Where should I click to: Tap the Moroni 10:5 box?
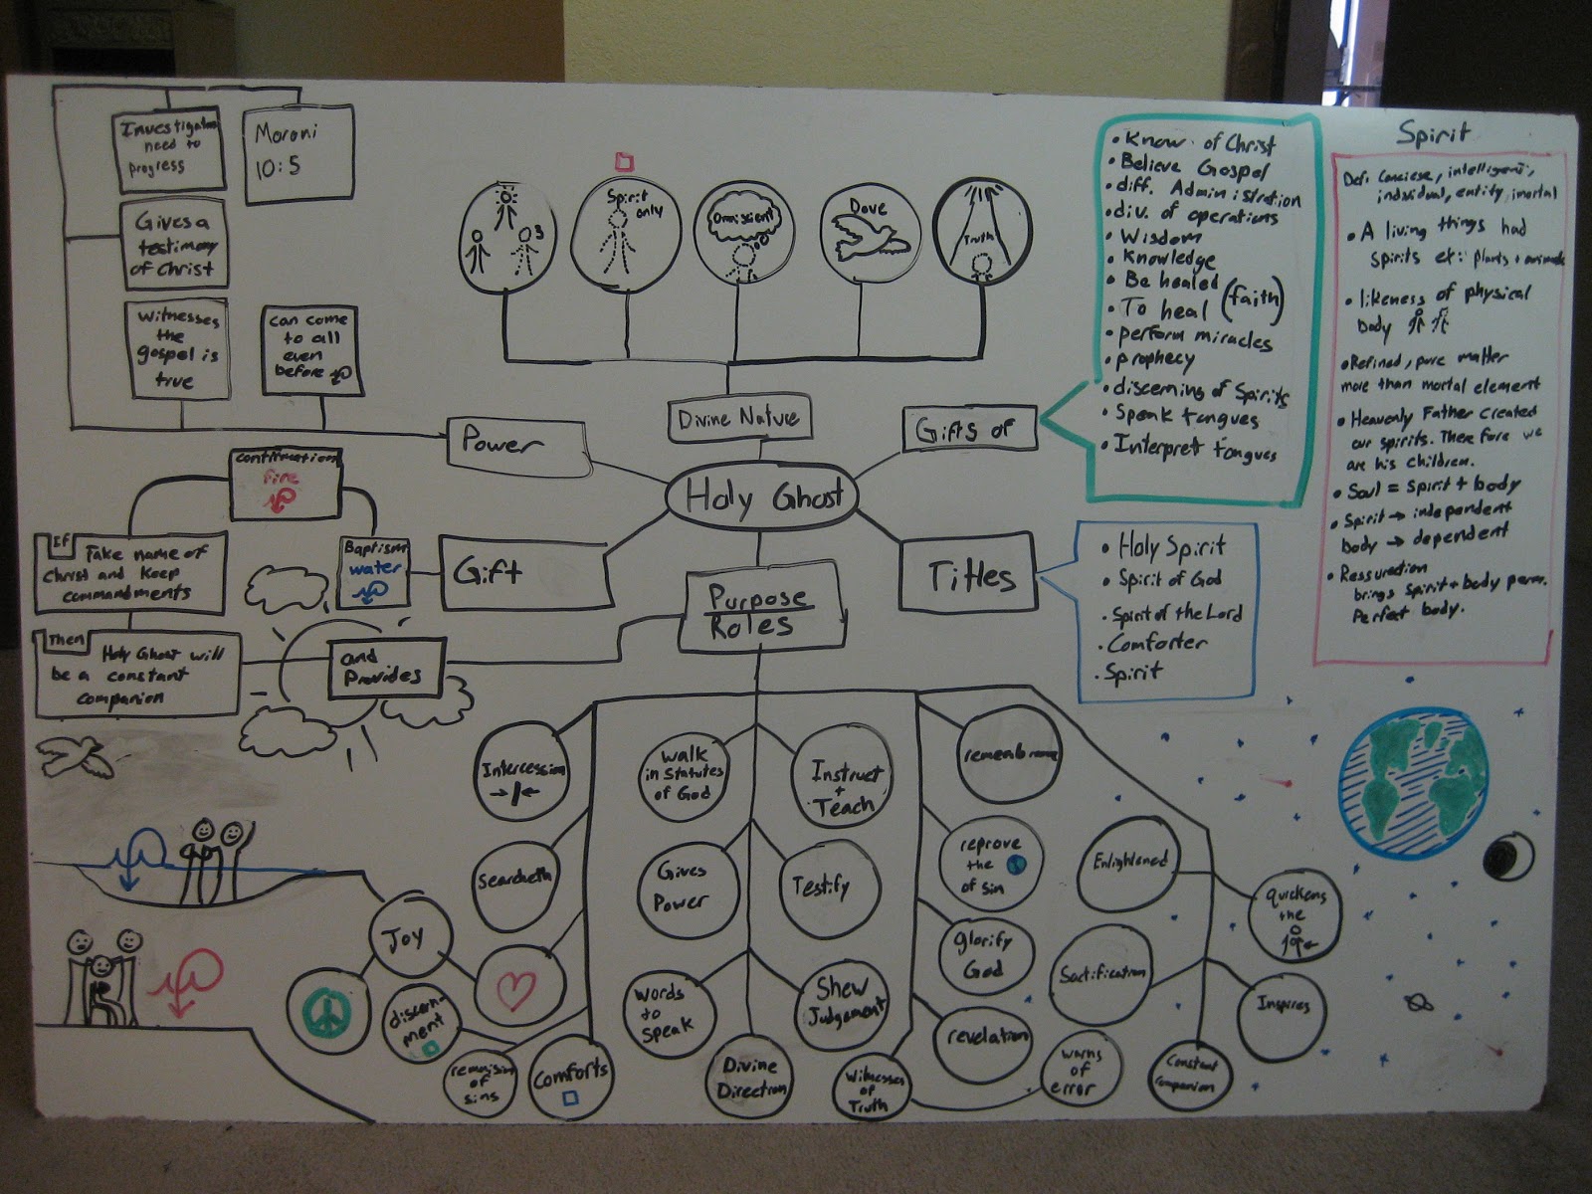coord(298,151)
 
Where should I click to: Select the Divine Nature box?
coord(738,419)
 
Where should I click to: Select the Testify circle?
coord(822,886)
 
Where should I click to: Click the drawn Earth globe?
coord(1412,782)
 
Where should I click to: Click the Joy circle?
coord(407,937)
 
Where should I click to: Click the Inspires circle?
coord(1283,1005)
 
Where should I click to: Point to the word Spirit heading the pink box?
coord(1433,132)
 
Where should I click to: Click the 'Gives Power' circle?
coord(683,887)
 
